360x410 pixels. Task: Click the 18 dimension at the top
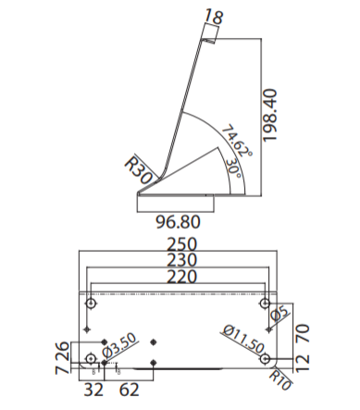pos(214,17)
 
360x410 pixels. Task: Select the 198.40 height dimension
pos(269,115)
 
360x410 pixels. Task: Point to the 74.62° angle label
pos(237,141)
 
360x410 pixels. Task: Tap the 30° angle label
pos(233,168)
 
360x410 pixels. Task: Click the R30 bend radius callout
pos(138,169)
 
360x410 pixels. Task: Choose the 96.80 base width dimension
pos(178,222)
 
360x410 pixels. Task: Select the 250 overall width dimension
pos(181,244)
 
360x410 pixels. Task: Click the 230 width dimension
pos(181,260)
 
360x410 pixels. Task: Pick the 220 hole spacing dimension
pos(181,277)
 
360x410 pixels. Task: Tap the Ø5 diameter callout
pos(280,315)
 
